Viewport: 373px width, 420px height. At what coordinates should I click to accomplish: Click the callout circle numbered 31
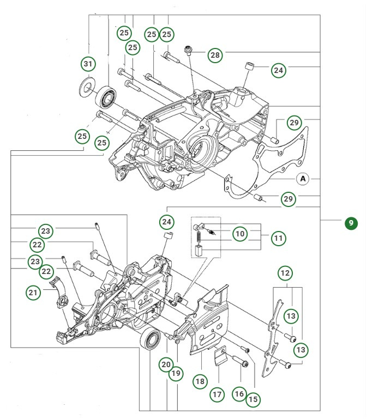point(87,64)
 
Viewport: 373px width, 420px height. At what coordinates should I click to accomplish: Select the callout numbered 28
point(215,55)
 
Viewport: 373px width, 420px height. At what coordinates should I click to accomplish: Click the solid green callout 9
point(351,223)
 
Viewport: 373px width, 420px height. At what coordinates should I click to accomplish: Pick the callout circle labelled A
point(303,178)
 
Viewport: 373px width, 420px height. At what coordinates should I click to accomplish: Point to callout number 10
point(240,234)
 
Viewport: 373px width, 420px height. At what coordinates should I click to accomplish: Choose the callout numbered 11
point(279,238)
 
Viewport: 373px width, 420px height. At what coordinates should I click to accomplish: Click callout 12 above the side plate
point(285,271)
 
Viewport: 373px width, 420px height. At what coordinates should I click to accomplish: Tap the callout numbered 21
point(33,293)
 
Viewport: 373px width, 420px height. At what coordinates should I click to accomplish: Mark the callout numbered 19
point(175,374)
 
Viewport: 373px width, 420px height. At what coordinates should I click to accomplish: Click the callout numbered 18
point(201,381)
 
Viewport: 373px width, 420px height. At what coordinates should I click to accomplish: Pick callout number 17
point(218,393)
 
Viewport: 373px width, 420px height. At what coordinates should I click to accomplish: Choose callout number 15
point(252,399)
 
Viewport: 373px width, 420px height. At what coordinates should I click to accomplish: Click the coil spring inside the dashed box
point(200,238)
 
